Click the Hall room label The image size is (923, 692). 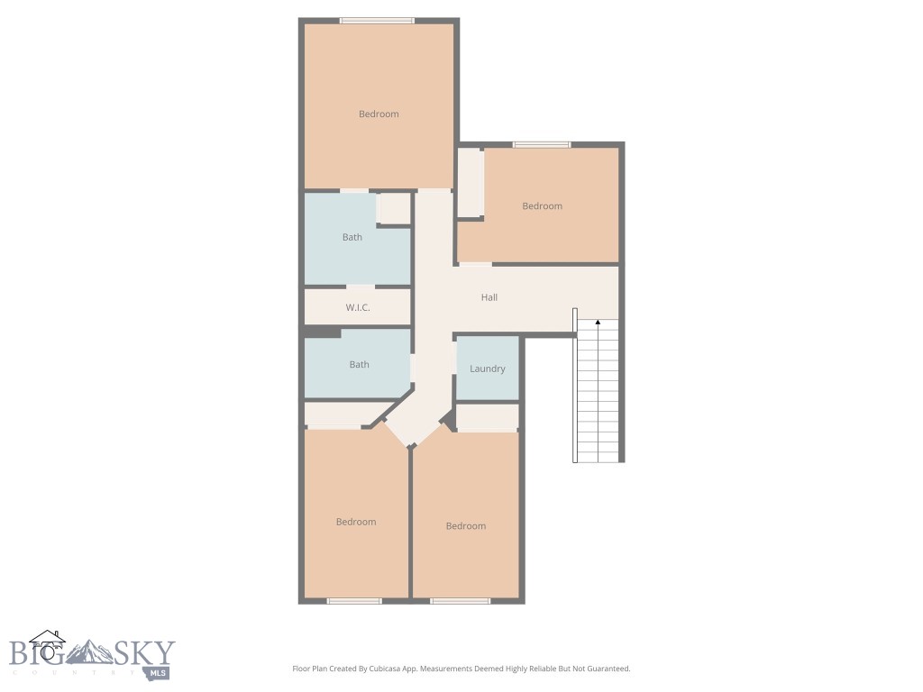pos(489,297)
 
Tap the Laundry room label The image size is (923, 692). pos(488,369)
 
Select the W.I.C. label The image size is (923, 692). pos(358,308)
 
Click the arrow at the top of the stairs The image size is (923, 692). pos(598,322)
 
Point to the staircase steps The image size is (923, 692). pos(598,396)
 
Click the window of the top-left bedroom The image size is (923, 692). pos(377,21)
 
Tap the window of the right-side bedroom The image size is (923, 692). pos(542,144)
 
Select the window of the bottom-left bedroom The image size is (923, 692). pos(354,600)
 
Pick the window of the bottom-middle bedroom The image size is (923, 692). pos(460,600)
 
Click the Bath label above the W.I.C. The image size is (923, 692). pos(352,238)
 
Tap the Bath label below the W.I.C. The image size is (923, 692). pos(360,365)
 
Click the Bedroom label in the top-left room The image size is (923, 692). pos(379,114)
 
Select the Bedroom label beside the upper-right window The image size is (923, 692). pos(543,206)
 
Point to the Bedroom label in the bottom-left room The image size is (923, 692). pos(356,523)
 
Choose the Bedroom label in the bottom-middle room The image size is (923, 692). pos(466,526)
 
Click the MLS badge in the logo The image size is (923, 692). pos(159,672)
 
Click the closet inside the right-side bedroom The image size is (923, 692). pos(470,183)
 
